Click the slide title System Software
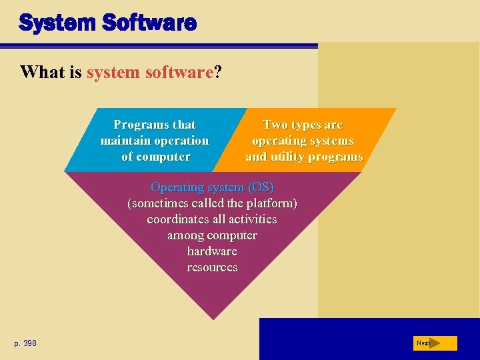(x=107, y=23)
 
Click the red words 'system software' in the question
(x=149, y=72)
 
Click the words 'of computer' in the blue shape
(x=155, y=157)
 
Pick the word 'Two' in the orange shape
(x=275, y=125)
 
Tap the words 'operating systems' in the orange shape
(x=303, y=141)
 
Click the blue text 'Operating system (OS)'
(x=212, y=187)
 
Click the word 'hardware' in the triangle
(x=212, y=251)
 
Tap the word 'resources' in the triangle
(x=212, y=267)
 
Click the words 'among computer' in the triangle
(x=212, y=235)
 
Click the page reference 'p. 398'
(x=25, y=343)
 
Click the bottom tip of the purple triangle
(x=213, y=317)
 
